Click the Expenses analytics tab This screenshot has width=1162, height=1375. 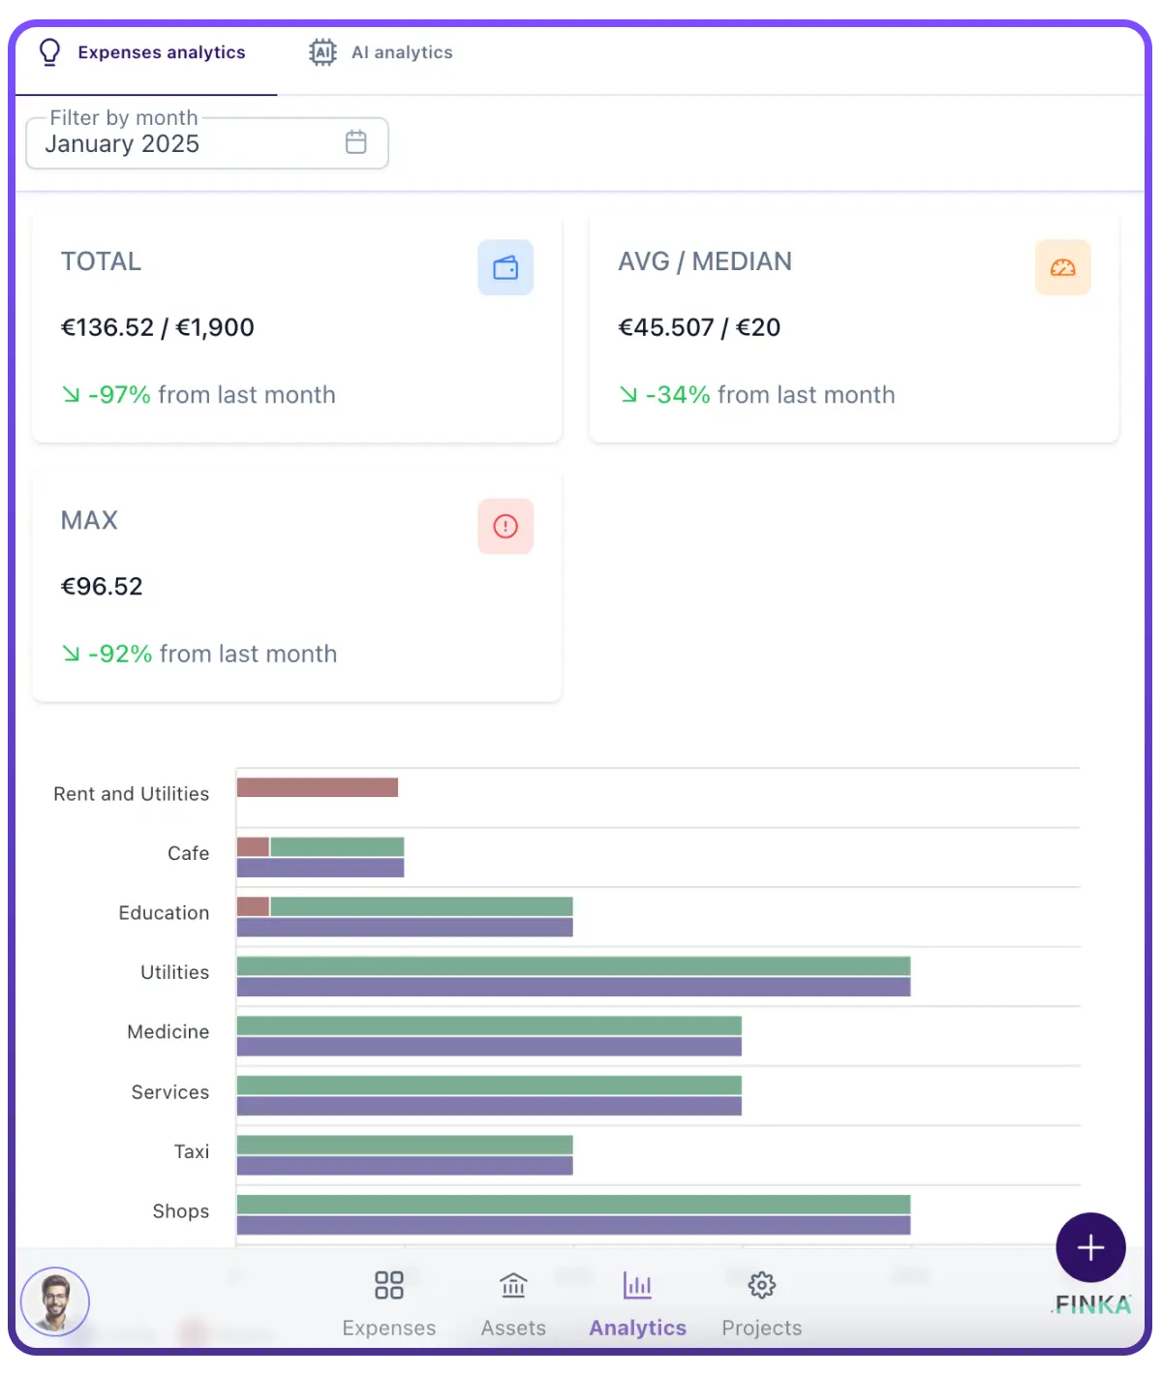(x=145, y=53)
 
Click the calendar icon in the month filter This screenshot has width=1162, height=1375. (x=356, y=142)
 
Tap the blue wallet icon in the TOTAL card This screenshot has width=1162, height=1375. (x=505, y=267)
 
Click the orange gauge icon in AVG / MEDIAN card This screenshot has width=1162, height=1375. (x=1062, y=267)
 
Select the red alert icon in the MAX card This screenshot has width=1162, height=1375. (x=505, y=527)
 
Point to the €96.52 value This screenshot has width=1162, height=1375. (x=102, y=587)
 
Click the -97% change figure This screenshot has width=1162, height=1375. (x=119, y=395)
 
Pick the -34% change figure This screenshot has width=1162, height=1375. (x=678, y=395)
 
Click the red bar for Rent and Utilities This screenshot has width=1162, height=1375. (x=317, y=787)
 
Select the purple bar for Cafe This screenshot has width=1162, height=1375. (x=320, y=868)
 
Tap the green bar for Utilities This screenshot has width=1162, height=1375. (x=573, y=965)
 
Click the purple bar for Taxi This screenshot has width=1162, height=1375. (x=405, y=1166)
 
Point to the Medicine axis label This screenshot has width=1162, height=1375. (x=168, y=1032)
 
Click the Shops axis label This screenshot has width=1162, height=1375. (x=181, y=1211)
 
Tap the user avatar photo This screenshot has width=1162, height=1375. (x=55, y=1301)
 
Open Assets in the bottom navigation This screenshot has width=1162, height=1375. (x=513, y=1302)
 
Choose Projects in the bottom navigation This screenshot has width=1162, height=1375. (x=762, y=1302)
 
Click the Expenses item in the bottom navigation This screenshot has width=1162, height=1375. (x=389, y=1302)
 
